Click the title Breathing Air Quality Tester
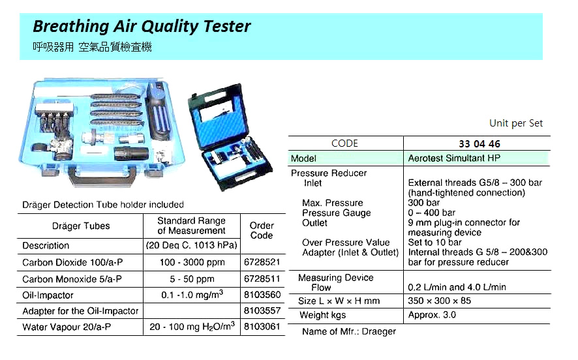[142, 27]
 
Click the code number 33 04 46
[479, 144]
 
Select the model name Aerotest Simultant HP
[455, 158]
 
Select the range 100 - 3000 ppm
[191, 262]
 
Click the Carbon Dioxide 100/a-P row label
[72, 263]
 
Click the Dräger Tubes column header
[81, 226]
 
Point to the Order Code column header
[262, 230]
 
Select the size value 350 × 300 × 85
[439, 301]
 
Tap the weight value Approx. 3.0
[432, 315]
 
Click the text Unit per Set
[515, 123]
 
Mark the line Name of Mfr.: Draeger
[349, 331]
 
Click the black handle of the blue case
[104, 174]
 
